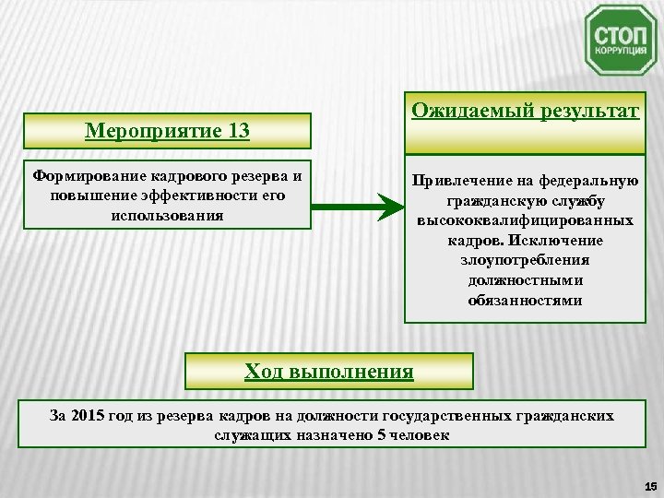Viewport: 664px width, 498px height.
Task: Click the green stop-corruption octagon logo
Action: coord(621,40)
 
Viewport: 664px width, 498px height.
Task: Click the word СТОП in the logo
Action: coord(621,34)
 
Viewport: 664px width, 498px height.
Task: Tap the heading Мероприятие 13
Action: coord(167,131)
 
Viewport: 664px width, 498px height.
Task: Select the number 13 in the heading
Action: coord(236,131)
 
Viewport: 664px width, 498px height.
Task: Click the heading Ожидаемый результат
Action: coord(525,112)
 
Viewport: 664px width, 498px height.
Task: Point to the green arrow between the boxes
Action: coord(351,206)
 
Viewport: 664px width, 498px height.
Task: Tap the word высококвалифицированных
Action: coord(525,221)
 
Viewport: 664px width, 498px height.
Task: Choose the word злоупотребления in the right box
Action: coord(525,261)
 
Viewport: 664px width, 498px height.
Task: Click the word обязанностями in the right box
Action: coord(525,301)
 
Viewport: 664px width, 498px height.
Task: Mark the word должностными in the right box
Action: coord(525,280)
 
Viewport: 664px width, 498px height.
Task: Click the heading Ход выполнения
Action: coord(329,372)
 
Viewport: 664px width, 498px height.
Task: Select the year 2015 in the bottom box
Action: coord(89,416)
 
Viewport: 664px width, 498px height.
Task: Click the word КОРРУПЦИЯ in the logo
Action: coord(621,52)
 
